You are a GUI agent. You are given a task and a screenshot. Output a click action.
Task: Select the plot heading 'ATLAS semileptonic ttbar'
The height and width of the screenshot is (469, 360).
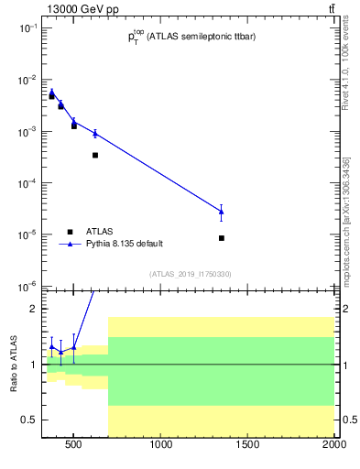pos(191,37)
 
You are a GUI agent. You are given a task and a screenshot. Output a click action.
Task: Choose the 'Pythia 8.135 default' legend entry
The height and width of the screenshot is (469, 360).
pos(125,244)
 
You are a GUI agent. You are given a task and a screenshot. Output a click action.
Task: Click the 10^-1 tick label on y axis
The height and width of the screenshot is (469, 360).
pos(25,28)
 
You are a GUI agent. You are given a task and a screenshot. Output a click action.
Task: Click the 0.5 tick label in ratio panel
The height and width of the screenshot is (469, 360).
pos(27,420)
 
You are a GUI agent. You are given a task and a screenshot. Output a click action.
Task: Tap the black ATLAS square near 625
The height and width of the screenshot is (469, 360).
pos(95,155)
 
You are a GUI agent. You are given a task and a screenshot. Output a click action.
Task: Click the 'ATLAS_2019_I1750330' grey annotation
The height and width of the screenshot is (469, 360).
pos(191,274)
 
